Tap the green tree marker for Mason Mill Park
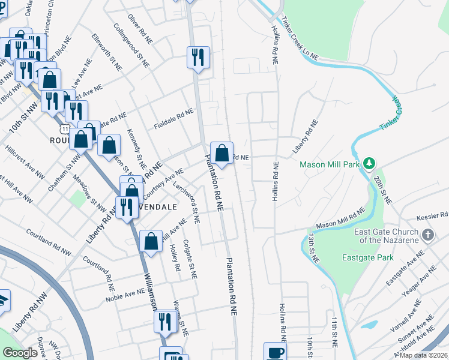370,163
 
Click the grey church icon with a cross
427,235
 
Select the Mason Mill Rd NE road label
340,217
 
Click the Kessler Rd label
431,215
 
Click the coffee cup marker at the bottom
275,352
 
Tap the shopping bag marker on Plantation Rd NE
221,154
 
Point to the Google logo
20,353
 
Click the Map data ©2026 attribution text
424,355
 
